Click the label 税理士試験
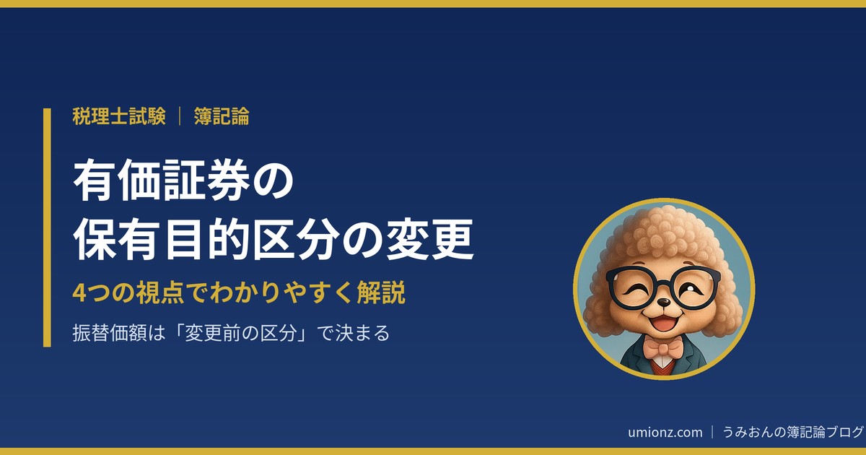point(119,116)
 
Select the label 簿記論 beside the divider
point(222,116)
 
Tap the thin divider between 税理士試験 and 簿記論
point(180,116)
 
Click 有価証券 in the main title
point(161,181)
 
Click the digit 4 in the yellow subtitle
point(79,293)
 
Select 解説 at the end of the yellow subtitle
point(381,293)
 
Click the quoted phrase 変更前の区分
point(240,333)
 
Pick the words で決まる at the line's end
point(354,333)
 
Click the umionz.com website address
point(665,432)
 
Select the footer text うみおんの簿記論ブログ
point(792,432)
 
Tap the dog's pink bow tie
point(662,348)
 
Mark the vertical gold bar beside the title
point(47,227)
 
